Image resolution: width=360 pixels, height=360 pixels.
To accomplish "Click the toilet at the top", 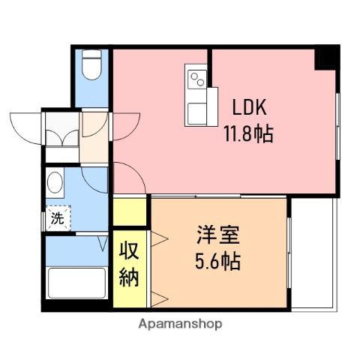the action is pos(91,64).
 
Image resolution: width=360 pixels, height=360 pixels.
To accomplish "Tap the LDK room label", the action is pos(249,107).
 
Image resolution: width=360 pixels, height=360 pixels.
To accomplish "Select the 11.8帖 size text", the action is pos(248,133).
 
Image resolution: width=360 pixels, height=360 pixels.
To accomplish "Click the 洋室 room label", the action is pos(218,235).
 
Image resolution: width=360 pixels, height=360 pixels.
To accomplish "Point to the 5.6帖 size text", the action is pos(217,261).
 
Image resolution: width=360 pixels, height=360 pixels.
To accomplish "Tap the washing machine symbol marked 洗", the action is pos(58,218).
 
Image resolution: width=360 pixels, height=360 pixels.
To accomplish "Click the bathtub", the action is pos(76,283).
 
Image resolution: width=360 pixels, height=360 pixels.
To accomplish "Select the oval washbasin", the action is pos(55,182).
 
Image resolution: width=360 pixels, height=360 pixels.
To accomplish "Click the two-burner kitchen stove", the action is pos(197,79).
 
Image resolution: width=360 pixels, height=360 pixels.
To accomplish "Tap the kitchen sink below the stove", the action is pos(197,114).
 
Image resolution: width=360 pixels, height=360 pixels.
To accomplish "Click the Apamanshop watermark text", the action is pos(180,325).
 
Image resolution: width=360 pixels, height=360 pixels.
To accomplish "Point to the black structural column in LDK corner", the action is pos(327,57).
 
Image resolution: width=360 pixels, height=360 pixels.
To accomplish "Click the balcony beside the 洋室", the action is pos(314,253).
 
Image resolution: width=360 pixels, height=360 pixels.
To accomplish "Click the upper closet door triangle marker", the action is pos(159,239).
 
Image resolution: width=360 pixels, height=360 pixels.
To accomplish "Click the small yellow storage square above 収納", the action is pos(130,212).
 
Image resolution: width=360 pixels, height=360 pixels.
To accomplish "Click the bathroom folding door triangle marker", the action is pos(103,243).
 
